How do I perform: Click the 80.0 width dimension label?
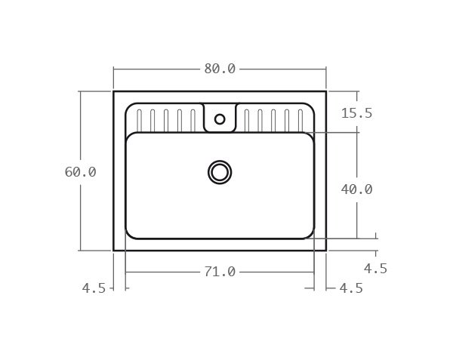pos(220,69)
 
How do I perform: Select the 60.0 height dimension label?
pos(80,172)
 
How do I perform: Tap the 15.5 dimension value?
pos(356,113)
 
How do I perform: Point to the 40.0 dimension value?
pos(356,189)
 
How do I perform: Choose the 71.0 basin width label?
pos(220,272)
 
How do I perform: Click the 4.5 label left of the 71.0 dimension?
pos(94,288)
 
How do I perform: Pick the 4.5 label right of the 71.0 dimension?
pos(351,288)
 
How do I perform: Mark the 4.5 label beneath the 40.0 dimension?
pos(375,269)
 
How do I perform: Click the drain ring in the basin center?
pos(220,172)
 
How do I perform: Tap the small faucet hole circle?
pos(220,118)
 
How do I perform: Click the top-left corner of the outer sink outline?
pos(114,91)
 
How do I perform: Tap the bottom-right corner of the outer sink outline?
pos(326,250)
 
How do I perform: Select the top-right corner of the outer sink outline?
pos(326,91)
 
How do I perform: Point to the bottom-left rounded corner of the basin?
pos(129,235)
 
